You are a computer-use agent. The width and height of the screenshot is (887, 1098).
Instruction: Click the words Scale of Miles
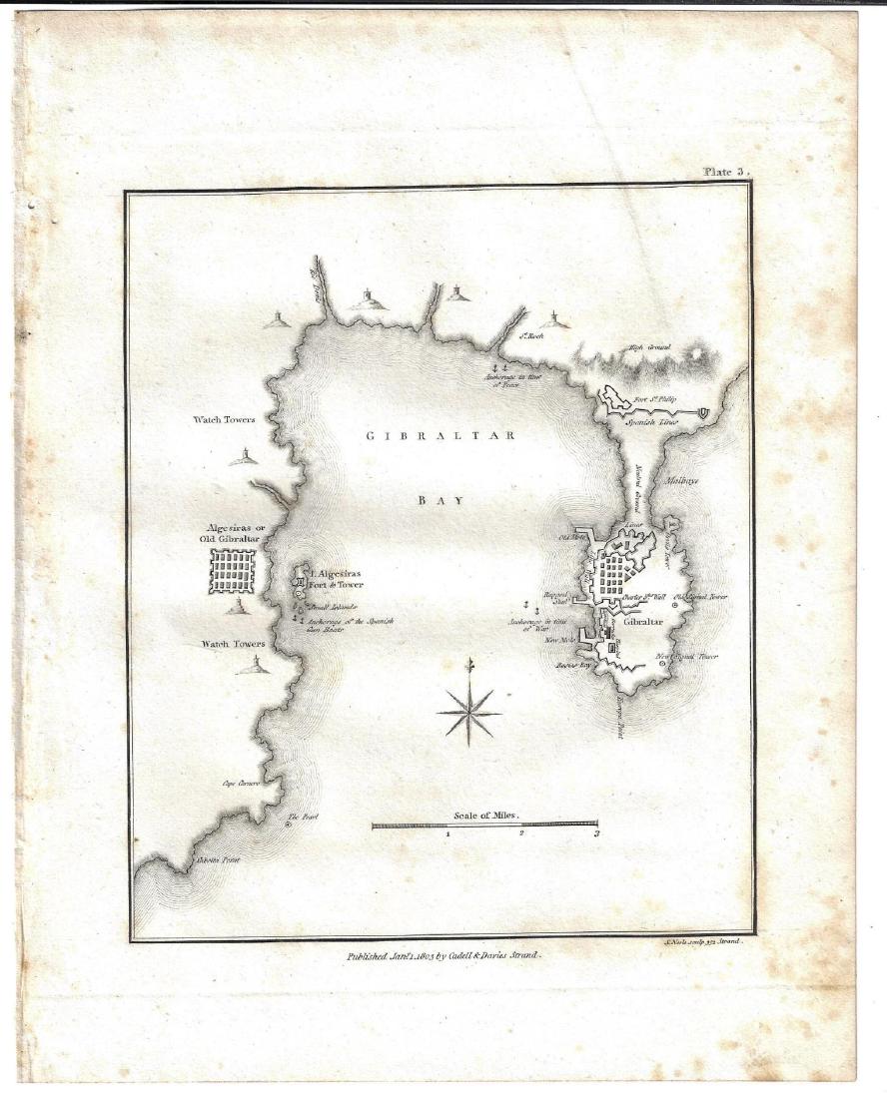[486, 815]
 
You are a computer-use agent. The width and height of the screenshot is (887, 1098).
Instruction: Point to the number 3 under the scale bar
[596, 831]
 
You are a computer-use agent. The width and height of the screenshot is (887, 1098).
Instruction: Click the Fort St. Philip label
[655, 400]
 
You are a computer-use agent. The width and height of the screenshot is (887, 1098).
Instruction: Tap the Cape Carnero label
[242, 783]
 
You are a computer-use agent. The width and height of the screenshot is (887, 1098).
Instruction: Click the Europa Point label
[617, 717]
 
